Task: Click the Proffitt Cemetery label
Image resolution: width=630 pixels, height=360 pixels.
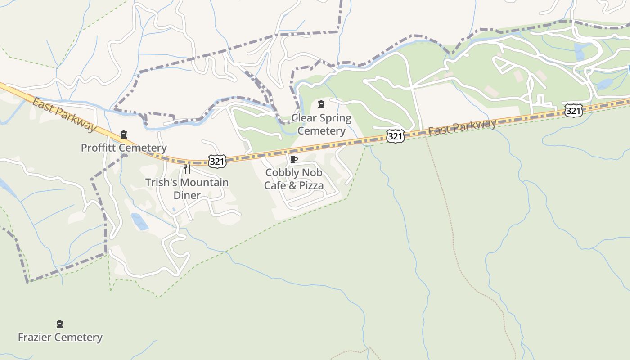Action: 124,148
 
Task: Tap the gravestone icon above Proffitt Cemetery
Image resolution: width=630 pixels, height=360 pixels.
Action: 124,135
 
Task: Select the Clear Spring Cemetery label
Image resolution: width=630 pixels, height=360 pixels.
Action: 321,125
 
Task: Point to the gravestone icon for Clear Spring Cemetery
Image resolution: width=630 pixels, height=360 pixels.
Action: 321,105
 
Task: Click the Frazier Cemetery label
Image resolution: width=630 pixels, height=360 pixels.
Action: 60,337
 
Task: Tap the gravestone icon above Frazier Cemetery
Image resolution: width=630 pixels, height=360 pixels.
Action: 60,324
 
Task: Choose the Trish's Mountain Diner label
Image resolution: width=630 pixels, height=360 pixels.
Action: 187,189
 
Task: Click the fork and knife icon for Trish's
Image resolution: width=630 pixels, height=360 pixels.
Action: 187,169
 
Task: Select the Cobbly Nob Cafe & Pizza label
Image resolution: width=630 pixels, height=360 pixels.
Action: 294,179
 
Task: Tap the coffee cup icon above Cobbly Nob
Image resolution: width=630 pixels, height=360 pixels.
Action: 294,159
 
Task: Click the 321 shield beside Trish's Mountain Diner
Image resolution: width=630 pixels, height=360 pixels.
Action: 217,162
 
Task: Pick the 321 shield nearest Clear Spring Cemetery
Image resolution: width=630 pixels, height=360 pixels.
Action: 395,136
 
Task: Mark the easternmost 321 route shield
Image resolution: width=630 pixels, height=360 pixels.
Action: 574,110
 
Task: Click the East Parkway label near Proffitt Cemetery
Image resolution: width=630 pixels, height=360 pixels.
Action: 64,114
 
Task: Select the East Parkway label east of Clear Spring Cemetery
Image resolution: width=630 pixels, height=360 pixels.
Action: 462,127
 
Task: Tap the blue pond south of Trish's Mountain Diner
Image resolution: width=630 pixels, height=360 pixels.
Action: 140,222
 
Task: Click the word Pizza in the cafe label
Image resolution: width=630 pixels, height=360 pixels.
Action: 311,185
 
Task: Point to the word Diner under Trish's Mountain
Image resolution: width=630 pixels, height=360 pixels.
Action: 187,195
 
